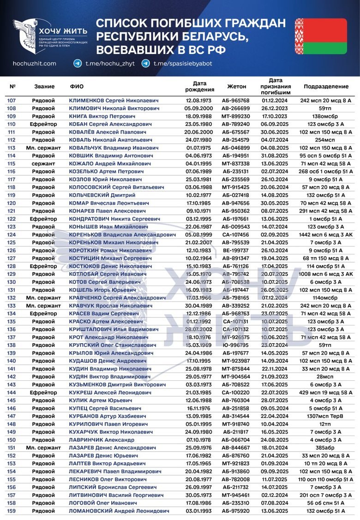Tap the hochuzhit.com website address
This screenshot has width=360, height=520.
(35, 64)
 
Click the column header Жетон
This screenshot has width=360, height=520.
(237, 86)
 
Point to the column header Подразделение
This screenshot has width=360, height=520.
(326, 86)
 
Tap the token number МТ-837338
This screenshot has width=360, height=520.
(235, 163)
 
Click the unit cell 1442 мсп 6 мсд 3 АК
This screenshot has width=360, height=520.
(326, 234)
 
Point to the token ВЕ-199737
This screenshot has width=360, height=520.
(235, 250)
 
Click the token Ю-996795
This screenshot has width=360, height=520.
(235, 345)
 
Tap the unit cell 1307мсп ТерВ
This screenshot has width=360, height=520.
(326, 416)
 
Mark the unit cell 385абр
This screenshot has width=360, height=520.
(326, 448)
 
